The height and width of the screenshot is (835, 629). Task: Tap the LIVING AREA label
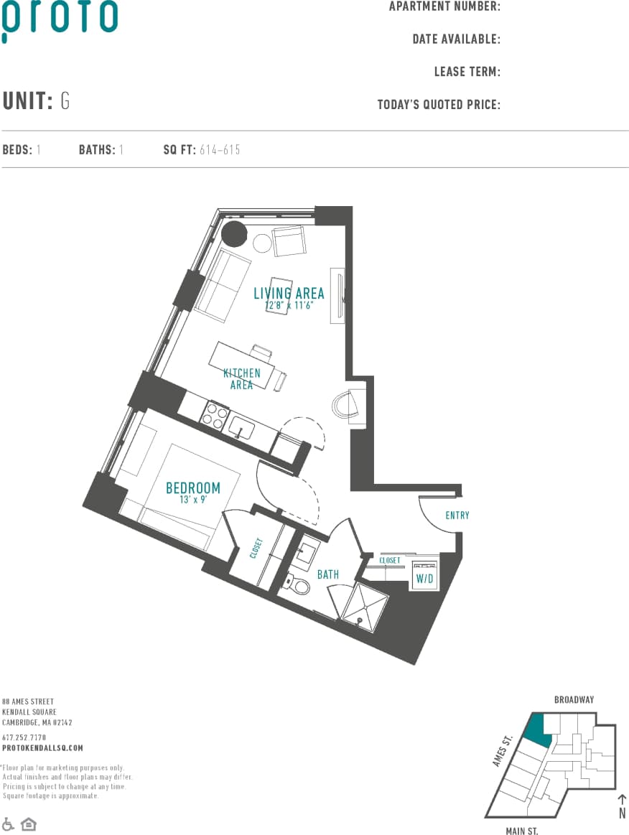pyautogui.click(x=289, y=293)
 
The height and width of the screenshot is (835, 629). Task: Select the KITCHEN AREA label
pyautogui.click(x=241, y=379)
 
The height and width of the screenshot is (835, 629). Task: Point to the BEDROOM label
pyautogui.click(x=193, y=488)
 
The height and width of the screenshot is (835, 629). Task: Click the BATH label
pyautogui.click(x=328, y=574)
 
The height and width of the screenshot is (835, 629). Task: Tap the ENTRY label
pyautogui.click(x=457, y=516)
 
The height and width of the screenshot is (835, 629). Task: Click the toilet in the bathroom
pyautogui.click(x=299, y=586)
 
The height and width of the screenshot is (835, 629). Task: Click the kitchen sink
pyautogui.click(x=243, y=430)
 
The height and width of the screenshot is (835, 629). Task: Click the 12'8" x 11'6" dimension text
pyautogui.click(x=288, y=304)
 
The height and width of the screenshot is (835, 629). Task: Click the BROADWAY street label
pyautogui.click(x=574, y=699)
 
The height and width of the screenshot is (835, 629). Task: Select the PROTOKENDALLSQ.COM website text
pyautogui.click(x=42, y=748)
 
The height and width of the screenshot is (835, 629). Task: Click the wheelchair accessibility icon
pyautogui.click(x=9, y=824)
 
